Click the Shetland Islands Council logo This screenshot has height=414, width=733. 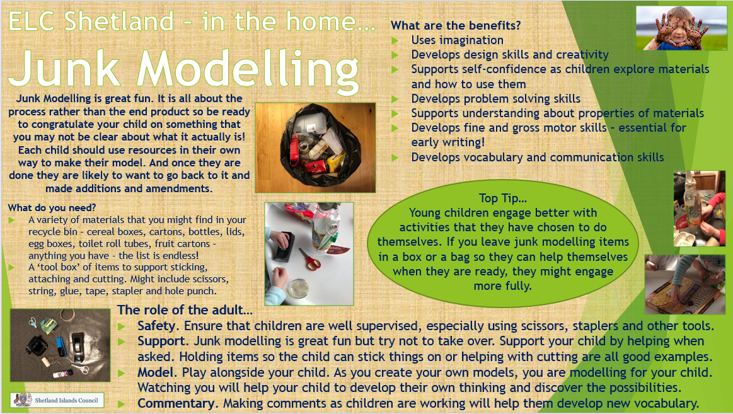pyautogui.click(x=57, y=400)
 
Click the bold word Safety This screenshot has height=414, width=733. pyautogui.click(x=158, y=326)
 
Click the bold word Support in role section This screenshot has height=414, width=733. pyautogui.click(x=161, y=342)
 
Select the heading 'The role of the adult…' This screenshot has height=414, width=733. pyautogui.click(x=185, y=310)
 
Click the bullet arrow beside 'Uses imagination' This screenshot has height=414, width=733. pyautogui.click(x=395, y=40)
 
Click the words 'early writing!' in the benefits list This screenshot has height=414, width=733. pyautogui.click(x=448, y=142)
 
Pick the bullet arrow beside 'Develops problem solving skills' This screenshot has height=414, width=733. pyautogui.click(x=395, y=99)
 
